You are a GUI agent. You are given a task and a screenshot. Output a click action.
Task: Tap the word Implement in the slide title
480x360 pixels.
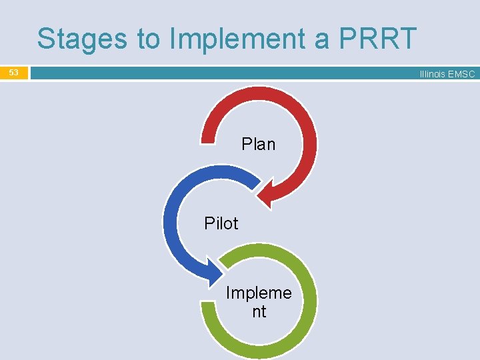pyautogui.click(x=235, y=39)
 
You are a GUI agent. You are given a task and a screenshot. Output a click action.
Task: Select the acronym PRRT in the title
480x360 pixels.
pyautogui.click(x=378, y=39)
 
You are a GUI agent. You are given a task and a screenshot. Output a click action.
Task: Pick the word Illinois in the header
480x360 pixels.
pyautogui.click(x=433, y=74)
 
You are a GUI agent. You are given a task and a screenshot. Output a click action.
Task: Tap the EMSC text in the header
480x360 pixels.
pyautogui.click(x=461, y=74)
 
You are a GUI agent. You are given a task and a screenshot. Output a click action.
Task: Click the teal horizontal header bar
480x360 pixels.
pyautogui.click(x=220, y=73)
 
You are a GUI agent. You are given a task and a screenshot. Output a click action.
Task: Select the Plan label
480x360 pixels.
pyautogui.click(x=258, y=144)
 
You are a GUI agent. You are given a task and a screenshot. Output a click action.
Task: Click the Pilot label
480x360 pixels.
pyautogui.click(x=221, y=223)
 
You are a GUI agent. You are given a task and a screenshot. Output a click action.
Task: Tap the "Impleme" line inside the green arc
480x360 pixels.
pyautogui.click(x=259, y=293)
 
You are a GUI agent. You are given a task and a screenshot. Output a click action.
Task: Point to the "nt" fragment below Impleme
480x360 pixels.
pyautogui.click(x=259, y=311)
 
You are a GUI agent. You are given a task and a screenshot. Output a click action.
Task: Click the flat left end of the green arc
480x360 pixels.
pyautogui.click(x=209, y=309)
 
